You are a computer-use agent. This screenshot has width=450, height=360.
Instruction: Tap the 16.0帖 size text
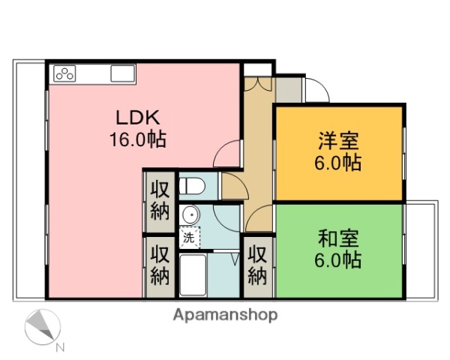[x=139, y=139]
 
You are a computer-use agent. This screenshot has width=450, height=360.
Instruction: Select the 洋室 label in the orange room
[x=339, y=140]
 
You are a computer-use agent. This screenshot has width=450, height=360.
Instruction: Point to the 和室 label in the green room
[x=339, y=239]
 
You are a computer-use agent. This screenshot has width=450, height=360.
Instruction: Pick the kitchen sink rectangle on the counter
[x=122, y=73]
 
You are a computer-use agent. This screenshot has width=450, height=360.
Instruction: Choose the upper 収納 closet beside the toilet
[x=159, y=199]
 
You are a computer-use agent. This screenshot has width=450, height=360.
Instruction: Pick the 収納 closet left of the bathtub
[x=159, y=265]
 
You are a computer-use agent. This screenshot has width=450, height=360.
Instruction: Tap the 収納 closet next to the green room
[x=257, y=265]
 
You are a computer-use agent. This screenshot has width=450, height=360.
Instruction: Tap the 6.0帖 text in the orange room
[x=339, y=162]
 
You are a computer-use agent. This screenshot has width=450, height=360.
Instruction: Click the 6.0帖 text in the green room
[x=339, y=260]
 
